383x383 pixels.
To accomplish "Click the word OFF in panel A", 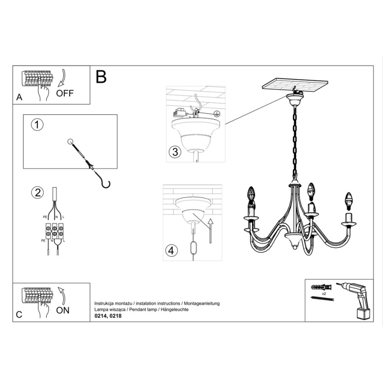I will point(65,93).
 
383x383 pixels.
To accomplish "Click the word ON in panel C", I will point(63,310).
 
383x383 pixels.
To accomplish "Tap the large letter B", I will point(101,77).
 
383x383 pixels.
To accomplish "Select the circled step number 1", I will point(38,125).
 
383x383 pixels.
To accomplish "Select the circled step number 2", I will point(38,192).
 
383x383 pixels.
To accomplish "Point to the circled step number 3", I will point(175,153).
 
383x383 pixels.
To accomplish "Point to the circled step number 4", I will point(173,250).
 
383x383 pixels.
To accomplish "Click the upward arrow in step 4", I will point(210,230).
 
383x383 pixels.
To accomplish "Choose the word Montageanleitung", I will point(201,304).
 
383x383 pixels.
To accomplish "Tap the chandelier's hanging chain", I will point(293,141).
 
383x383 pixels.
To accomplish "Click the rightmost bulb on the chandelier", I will point(349,200).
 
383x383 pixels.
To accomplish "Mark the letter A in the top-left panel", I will point(19,98).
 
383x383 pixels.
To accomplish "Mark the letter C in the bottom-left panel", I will point(19,315).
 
